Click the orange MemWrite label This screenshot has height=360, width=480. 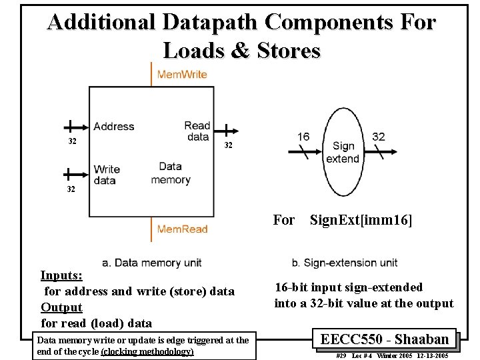182,74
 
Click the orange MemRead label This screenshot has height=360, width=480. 182,229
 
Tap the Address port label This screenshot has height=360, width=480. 114,126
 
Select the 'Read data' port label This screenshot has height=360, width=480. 197,131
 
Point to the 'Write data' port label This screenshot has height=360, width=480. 107,175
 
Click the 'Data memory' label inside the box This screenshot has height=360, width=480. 171,173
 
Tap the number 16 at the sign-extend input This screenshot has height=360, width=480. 303,137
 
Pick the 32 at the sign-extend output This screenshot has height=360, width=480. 379,137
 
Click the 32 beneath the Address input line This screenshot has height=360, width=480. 73,141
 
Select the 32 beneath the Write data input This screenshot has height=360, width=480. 71,189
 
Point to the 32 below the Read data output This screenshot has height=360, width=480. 228,145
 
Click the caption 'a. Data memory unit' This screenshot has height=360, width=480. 152,263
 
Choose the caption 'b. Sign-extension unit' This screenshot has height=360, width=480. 345,263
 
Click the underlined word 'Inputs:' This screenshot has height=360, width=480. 61,275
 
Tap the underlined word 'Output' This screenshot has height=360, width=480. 61,307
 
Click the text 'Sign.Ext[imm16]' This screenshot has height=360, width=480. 361,220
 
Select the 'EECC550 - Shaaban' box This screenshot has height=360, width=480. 385,339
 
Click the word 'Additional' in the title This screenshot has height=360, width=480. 101,22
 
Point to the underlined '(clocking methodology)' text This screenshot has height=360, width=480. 147,351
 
